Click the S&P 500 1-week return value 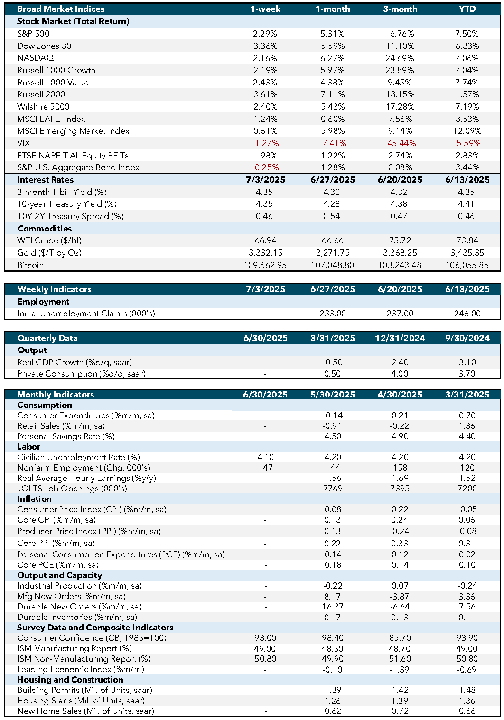pyautogui.click(x=265, y=34)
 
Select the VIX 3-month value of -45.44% pyautogui.click(x=400, y=143)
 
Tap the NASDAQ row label pyautogui.click(x=36, y=58)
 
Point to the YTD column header pyautogui.click(x=467, y=9)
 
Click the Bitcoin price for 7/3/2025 pyautogui.click(x=265, y=265)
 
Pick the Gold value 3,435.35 pyautogui.click(x=467, y=253)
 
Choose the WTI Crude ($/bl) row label pyautogui.click(x=49, y=240)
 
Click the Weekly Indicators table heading pyautogui.click(x=55, y=289)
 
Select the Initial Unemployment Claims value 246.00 pyautogui.click(x=467, y=314)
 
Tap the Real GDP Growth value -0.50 pyautogui.click(x=333, y=362)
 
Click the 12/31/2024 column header pyautogui.click(x=400, y=338)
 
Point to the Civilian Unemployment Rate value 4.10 pyautogui.click(x=265, y=457)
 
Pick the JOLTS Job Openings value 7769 pyautogui.click(x=333, y=489)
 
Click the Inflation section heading pyautogui.click(x=35, y=499)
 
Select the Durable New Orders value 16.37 pyautogui.click(x=333, y=607)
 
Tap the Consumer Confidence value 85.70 pyautogui.click(x=400, y=638)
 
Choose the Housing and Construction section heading pyautogui.click(x=70, y=680)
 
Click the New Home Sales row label pyautogui.click(x=85, y=711)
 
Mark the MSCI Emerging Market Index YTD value pyautogui.click(x=467, y=131)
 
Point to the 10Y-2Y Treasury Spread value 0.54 pyautogui.click(x=331, y=216)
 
